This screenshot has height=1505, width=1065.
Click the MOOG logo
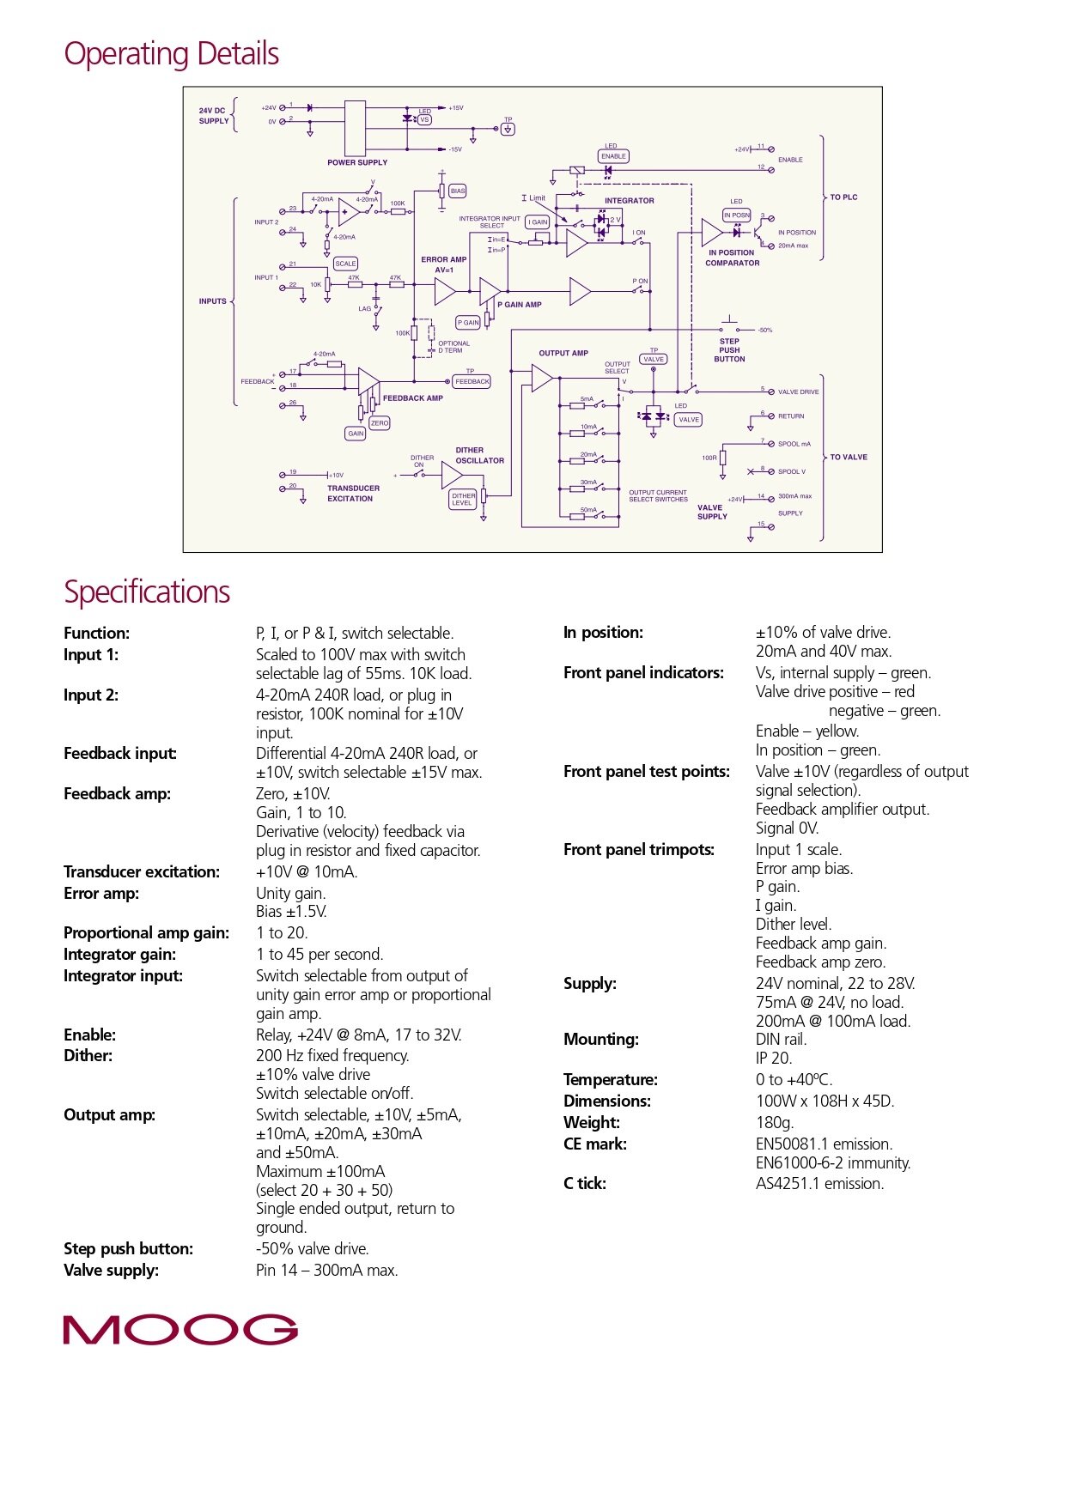tap(180, 1329)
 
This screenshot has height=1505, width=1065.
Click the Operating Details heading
tap(172, 54)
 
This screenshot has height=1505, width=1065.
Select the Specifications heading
tap(147, 592)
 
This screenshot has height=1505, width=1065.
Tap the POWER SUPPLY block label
tap(357, 162)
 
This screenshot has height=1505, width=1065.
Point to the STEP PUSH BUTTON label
tap(729, 350)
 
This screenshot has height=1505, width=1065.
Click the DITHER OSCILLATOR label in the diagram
tap(479, 455)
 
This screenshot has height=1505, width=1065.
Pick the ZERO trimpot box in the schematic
tap(380, 423)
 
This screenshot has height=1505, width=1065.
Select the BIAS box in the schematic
tap(458, 191)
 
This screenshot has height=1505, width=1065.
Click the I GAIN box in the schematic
tap(538, 222)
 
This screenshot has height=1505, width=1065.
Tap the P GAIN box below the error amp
tap(468, 323)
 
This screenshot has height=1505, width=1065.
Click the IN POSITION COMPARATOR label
tap(732, 258)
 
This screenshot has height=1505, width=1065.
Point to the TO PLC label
tap(843, 197)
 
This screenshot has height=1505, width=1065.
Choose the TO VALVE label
tap(849, 457)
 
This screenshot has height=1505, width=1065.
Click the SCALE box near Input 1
tap(345, 264)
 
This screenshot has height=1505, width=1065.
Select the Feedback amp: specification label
tap(117, 794)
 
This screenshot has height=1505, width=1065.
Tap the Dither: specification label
tap(88, 1056)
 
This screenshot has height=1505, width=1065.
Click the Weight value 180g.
tap(775, 1123)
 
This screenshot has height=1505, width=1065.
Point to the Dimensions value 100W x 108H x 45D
tap(825, 1101)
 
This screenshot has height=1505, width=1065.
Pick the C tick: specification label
tap(585, 1184)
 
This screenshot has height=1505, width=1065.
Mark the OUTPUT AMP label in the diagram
tap(563, 353)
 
